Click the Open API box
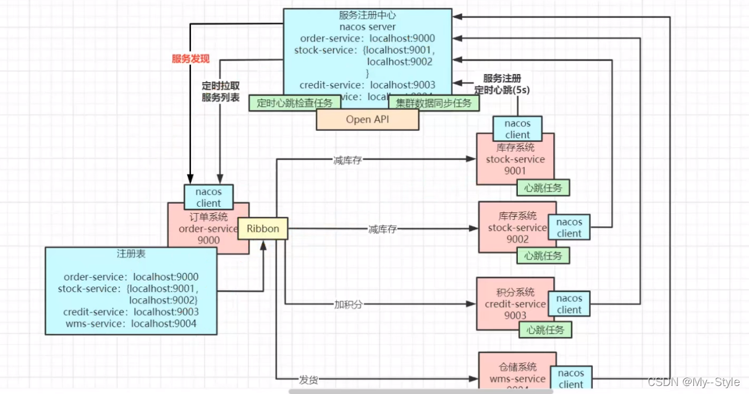(367, 120)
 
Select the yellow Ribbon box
(263, 229)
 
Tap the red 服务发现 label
(190, 59)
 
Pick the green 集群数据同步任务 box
(434, 103)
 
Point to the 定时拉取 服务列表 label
(221, 91)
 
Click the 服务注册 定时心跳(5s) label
(502, 84)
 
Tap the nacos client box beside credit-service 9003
(569, 304)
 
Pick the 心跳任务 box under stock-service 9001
(543, 188)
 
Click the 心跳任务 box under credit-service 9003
(546, 330)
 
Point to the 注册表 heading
(131, 254)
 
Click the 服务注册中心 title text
(367, 15)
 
